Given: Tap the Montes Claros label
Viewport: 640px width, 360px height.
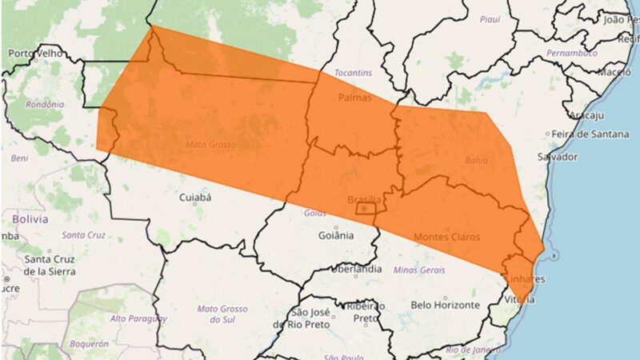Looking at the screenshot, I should click(x=446, y=237).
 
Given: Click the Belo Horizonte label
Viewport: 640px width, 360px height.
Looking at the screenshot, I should click(x=445, y=305).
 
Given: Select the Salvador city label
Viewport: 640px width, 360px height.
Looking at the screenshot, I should click(x=558, y=157).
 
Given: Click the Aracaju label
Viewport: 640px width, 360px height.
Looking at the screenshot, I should click(x=587, y=115).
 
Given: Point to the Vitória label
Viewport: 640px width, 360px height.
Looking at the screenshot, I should click(x=519, y=299).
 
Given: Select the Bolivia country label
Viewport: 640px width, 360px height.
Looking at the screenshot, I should click(x=30, y=218).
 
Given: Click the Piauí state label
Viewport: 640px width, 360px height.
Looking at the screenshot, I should click(x=490, y=18).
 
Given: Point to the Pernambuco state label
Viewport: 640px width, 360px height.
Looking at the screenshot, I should click(x=572, y=53).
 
